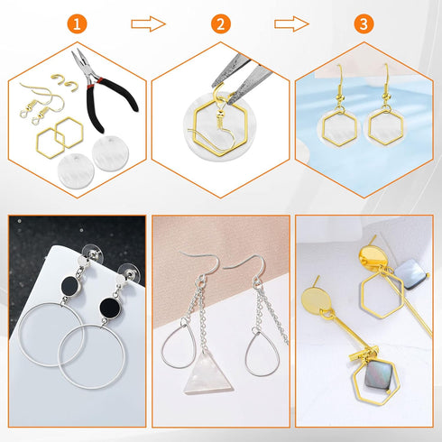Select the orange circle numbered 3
364,24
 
